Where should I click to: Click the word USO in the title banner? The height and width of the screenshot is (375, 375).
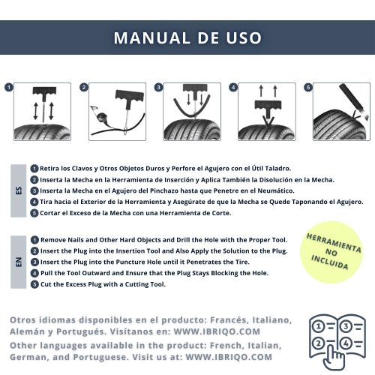(x=244, y=38)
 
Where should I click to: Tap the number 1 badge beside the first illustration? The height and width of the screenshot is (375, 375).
(x=9, y=88)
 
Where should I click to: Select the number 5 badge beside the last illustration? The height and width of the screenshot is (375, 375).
(x=308, y=88)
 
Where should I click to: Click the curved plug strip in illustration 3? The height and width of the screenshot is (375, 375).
(x=192, y=107)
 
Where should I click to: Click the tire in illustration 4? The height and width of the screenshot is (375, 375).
(x=267, y=132)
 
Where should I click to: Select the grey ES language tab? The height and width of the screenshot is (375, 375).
(x=19, y=190)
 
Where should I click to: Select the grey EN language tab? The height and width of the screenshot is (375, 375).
(x=19, y=262)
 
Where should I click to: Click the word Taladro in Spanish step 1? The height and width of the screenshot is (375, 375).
(x=277, y=169)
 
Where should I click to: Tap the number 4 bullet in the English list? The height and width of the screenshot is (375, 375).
(x=34, y=273)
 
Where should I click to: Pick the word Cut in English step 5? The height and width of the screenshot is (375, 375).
(x=45, y=284)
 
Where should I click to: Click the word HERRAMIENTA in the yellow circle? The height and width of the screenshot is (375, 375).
(x=334, y=243)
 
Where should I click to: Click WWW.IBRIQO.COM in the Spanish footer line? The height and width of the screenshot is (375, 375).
(x=217, y=331)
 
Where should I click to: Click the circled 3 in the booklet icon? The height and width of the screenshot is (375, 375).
(x=346, y=326)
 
